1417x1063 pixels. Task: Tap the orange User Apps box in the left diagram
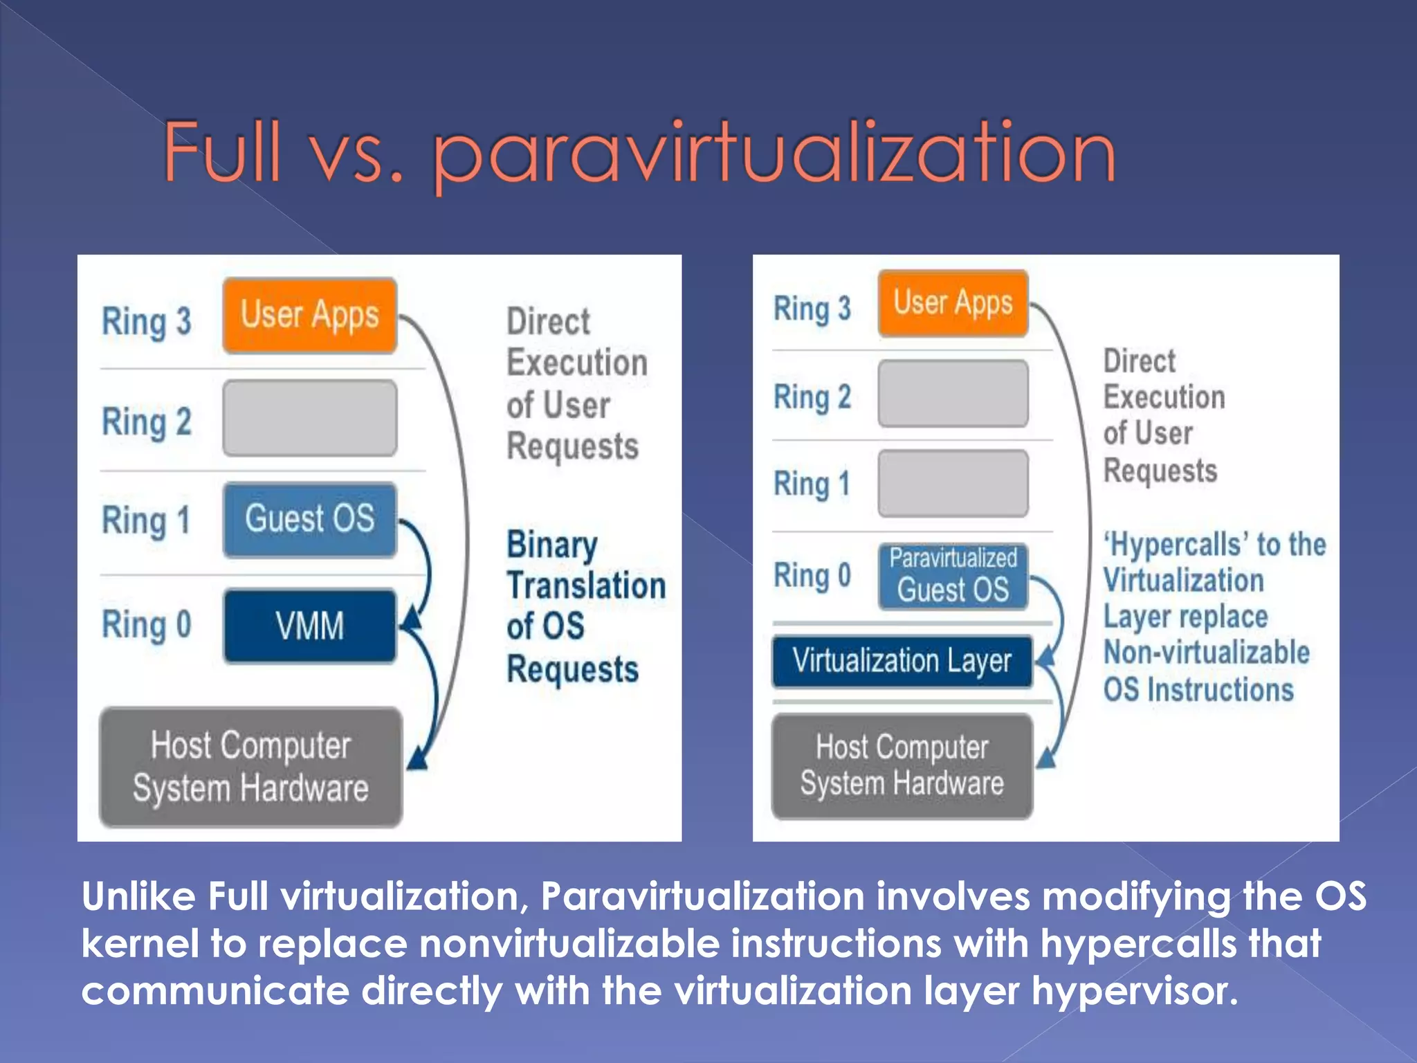coord(309,316)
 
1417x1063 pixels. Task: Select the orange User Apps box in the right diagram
coord(953,303)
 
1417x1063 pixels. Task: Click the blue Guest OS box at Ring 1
coord(309,519)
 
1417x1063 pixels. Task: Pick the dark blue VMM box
coord(309,626)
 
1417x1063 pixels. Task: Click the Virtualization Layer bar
coord(902,661)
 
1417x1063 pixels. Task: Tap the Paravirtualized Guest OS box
coord(953,576)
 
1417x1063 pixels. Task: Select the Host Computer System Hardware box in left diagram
coord(250,767)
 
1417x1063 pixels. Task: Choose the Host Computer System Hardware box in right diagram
coord(902,766)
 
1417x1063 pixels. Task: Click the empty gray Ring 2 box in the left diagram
coord(309,418)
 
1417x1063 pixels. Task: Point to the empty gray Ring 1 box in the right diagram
coord(953,483)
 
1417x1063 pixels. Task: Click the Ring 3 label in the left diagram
coord(146,322)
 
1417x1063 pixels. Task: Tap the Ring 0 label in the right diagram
coord(812,576)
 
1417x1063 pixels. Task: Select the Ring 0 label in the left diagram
coord(146,625)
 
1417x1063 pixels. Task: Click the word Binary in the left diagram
coord(551,545)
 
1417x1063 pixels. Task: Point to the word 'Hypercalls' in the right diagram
coord(1176,545)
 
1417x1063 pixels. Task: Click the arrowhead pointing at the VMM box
coord(412,618)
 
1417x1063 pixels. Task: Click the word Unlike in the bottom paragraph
coord(138,896)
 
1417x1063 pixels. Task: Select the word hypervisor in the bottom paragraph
coord(1134,990)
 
